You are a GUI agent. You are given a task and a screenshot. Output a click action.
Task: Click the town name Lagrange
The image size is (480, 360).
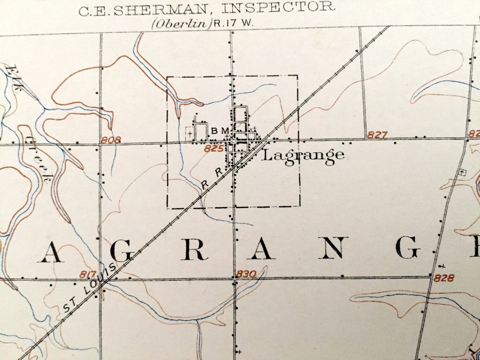pos(303,156)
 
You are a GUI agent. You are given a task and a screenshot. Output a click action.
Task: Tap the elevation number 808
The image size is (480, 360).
pos(111,140)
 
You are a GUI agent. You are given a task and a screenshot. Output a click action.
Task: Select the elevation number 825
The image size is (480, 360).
pos(213,149)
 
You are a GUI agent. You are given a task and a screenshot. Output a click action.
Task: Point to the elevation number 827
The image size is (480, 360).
pos(377,135)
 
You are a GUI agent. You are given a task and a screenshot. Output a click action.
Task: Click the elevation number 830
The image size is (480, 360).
pos(245,274)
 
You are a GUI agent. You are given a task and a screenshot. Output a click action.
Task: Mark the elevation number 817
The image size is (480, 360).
pos(88,275)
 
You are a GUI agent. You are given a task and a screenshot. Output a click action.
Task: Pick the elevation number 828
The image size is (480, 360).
pos(444,278)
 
